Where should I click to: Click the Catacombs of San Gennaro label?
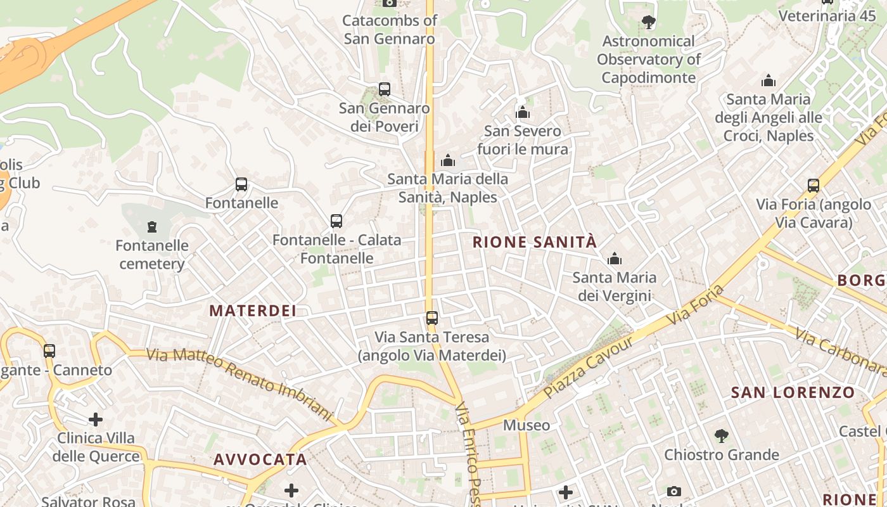pyautogui.click(x=390, y=29)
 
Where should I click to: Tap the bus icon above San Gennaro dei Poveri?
pyautogui.click(x=384, y=89)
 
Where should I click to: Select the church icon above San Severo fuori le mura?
pyautogui.click(x=523, y=113)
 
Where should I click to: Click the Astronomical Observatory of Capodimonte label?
pyautogui.click(x=648, y=60)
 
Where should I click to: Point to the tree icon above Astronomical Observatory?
pyautogui.click(x=648, y=23)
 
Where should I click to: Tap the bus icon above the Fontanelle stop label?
pyautogui.click(x=241, y=184)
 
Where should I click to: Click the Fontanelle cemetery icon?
pyautogui.click(x=151, y=226)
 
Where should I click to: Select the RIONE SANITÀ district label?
pyautogui.click(x=535, y=241)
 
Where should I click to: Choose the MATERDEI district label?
pyautogui.click(x=253, y=311)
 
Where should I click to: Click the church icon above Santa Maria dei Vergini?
pyautogui.click(x=614, y=259)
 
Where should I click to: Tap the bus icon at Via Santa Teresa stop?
pyautogui.click(x=431, y=318)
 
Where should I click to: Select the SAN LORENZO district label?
pyautogui.click(x=793, y=392)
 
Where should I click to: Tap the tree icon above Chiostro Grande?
pyautogui.click(x=721, y=436)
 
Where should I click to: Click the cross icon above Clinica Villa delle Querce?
pyautogui.click(x=96, y=420)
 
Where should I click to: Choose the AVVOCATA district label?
pyautogui.click(x=260, y=459)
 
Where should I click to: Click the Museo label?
pyautogui.click(x=526, y=425)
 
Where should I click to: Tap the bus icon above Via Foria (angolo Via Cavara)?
pyautogui.click(x=814, y=186)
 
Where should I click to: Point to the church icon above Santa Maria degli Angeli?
pyautogui.click(x=769, y=80)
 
